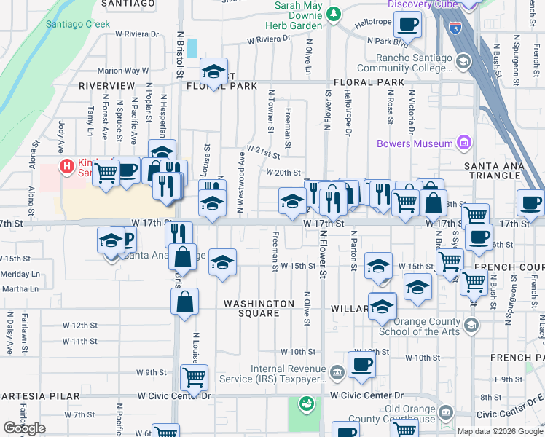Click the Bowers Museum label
(415, 143)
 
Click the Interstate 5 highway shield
(456, 29)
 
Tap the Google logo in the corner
(24, 428)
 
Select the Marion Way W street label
(123, 71)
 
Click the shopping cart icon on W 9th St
(195, 377)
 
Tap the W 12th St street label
(79, 325)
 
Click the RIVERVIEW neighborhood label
(107, 86)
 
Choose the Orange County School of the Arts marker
(471, 324)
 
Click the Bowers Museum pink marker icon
(463, 143)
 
